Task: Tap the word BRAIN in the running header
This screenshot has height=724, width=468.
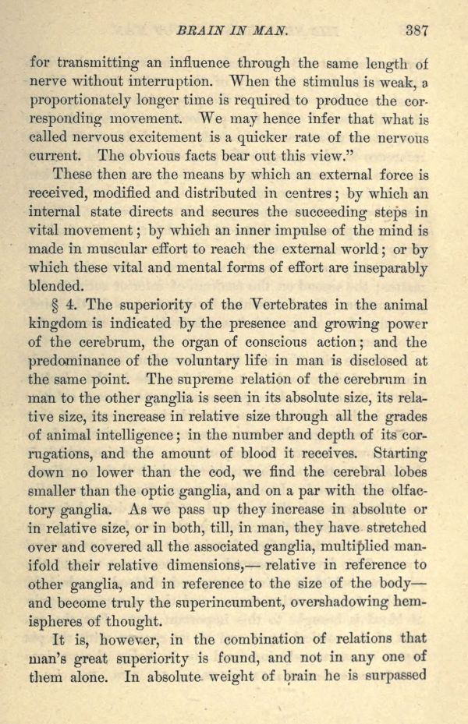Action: (x=201, y=33)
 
